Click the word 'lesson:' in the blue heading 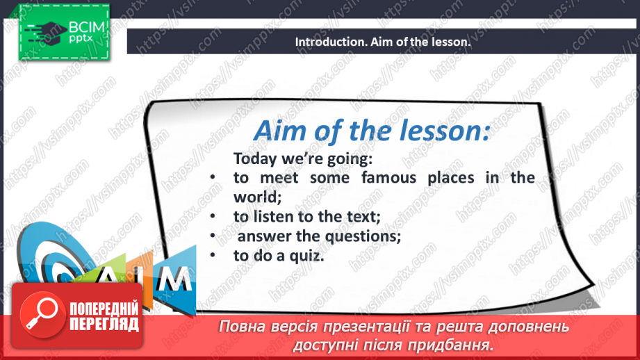444,131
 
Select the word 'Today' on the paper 255,158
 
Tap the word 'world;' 258,197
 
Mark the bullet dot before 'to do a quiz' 213,256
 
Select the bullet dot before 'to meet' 213,177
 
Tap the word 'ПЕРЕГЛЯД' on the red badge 104,325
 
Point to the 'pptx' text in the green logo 81,39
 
